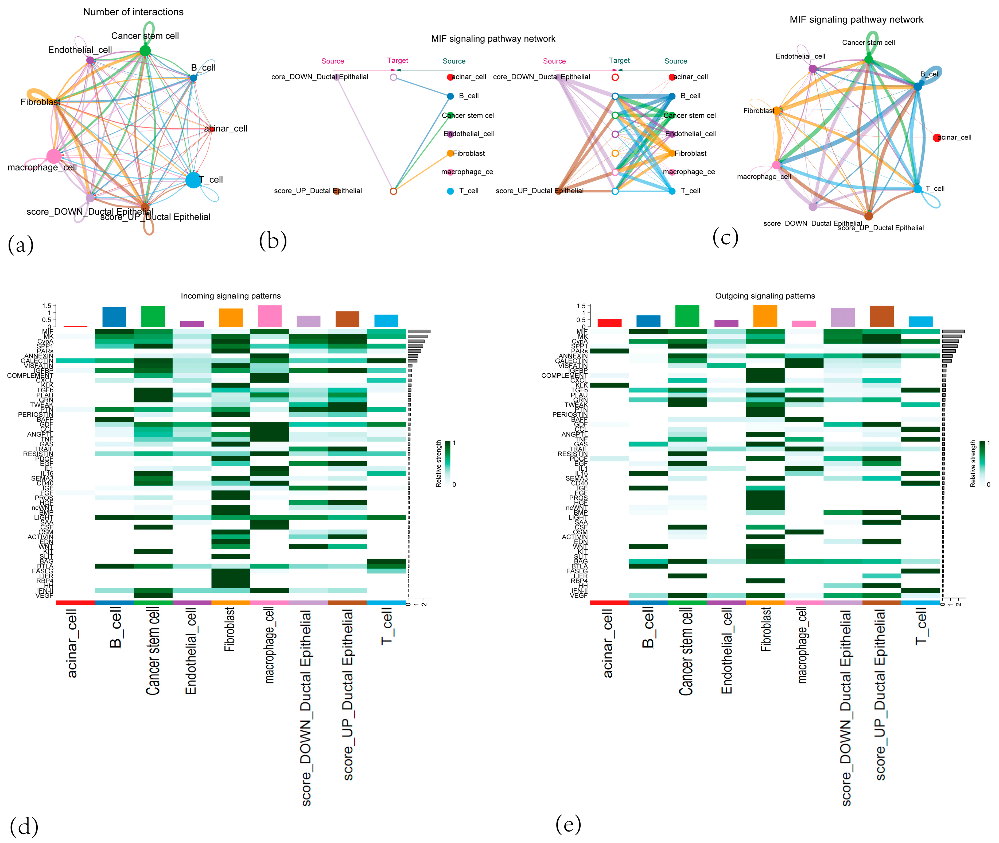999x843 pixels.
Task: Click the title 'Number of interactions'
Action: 133,12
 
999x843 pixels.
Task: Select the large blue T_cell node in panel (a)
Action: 193,180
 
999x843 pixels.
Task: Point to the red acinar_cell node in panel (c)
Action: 936,138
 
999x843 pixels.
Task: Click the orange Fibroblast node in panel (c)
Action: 777,111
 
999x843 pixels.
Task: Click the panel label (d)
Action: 24,827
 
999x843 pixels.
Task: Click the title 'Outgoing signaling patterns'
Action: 765,296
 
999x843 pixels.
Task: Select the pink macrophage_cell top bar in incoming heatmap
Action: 270,316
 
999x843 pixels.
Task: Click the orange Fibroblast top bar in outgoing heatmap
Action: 765,316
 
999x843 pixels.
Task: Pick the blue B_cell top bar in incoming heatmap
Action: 114,317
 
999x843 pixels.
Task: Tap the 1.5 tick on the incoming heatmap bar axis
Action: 46,306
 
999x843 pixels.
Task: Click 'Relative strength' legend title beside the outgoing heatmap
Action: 973,463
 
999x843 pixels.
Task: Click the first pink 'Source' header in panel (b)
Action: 333,61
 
